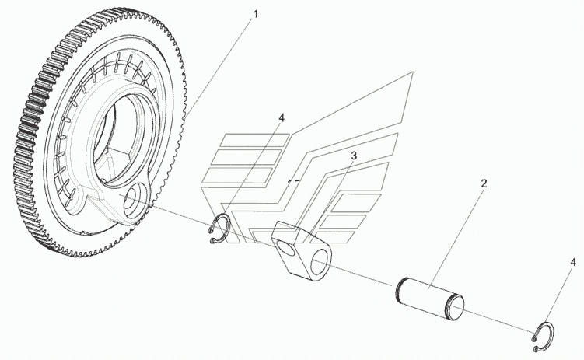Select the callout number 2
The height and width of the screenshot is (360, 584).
[483, 184]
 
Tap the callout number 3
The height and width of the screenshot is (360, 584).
[353, 156]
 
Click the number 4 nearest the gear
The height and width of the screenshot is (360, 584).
[282, 118]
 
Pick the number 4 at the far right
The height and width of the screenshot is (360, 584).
[573, 263]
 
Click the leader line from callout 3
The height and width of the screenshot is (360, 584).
[330, 194]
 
